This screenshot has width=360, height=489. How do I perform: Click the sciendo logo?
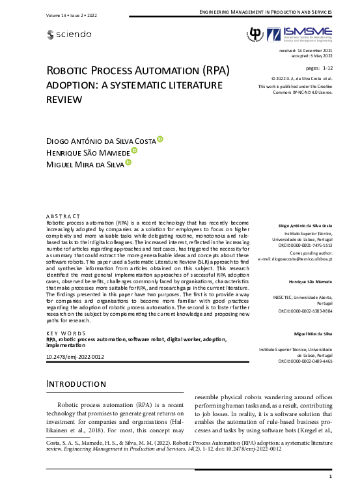click(x=70, y=34)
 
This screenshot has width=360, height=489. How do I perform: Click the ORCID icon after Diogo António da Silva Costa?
click(x=160, y=139)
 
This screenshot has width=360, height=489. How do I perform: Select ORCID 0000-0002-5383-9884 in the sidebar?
click(x=304, y=311)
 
